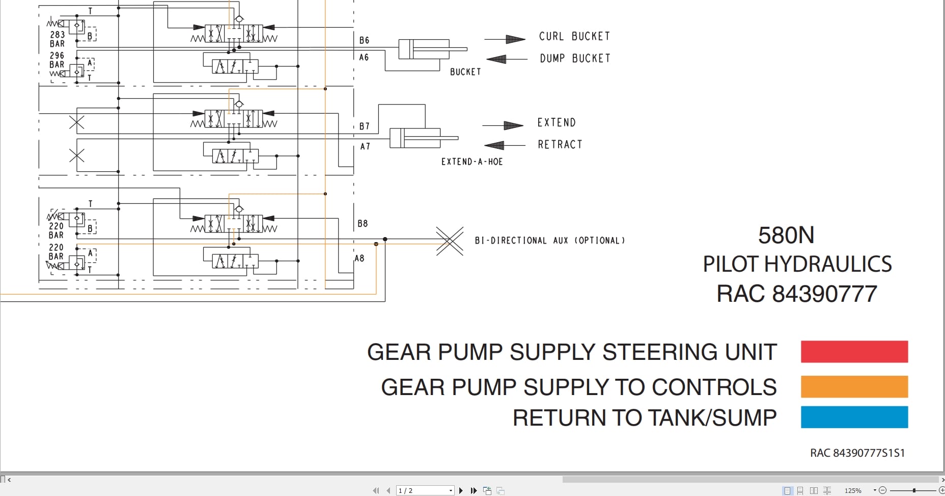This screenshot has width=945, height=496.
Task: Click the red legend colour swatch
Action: (x=854, y=352)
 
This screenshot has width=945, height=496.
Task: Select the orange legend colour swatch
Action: (x=854, y=386)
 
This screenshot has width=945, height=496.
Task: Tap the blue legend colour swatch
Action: (x=854, y=417)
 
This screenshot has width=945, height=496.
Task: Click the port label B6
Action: (x=364, y=40)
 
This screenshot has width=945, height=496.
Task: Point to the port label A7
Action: (x=365, y=146)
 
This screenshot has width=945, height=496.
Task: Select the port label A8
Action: (x=359, y=258)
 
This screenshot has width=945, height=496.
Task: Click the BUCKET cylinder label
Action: (x=465, y=72)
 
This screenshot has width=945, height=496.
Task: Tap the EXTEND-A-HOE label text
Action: (x=471, y=162)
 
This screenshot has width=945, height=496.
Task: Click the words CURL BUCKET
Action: (x=574, y=36)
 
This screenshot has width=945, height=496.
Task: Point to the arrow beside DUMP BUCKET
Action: (x=506, y=59)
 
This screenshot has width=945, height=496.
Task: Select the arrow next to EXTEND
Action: (x=503, y=125)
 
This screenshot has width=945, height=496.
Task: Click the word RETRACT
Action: (x=560, y=145)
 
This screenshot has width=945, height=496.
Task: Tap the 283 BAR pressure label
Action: (x=57, y=39)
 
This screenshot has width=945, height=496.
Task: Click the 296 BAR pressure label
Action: (x=57, y=60)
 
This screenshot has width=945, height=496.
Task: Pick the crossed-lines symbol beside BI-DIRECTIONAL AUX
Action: (x=450, y=241)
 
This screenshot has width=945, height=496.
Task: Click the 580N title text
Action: (x=786, y=236)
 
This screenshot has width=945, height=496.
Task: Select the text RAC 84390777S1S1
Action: (x=857, y=453)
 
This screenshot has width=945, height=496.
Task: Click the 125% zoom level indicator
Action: (x=853, y=490)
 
